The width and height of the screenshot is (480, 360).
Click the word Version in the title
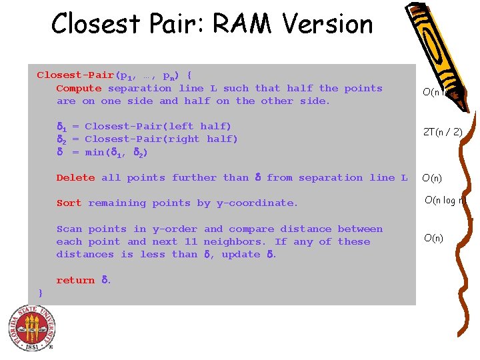[327, 24]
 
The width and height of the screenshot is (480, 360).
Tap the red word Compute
[79, 88]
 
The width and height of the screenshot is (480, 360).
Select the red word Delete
[75, 177]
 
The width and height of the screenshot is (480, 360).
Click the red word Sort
[69, 203]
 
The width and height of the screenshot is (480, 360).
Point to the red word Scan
[69, 229]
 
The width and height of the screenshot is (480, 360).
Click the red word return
[75, 280]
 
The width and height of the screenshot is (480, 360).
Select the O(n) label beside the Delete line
[433, 178]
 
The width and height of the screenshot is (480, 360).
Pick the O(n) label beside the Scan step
[433, 238]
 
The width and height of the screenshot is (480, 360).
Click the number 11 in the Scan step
[191, 241]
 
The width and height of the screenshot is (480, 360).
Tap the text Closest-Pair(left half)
[158, 126]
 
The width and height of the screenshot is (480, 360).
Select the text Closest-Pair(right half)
[161, 139]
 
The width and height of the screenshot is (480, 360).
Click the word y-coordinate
[259, 203]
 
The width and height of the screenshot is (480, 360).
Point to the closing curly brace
[41, 293]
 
